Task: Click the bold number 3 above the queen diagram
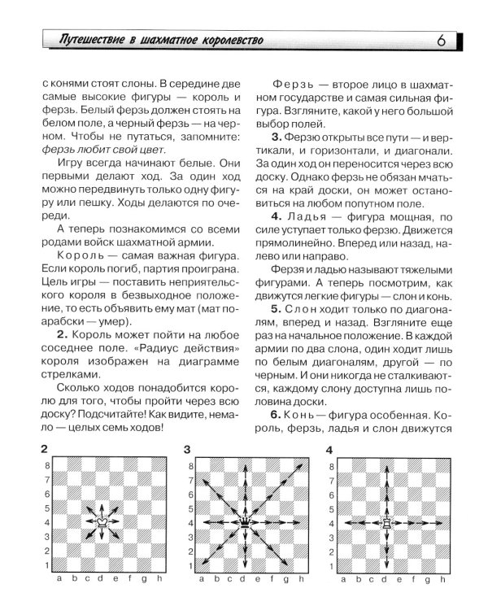click(187, 449)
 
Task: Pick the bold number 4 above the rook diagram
click(329, 449)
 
